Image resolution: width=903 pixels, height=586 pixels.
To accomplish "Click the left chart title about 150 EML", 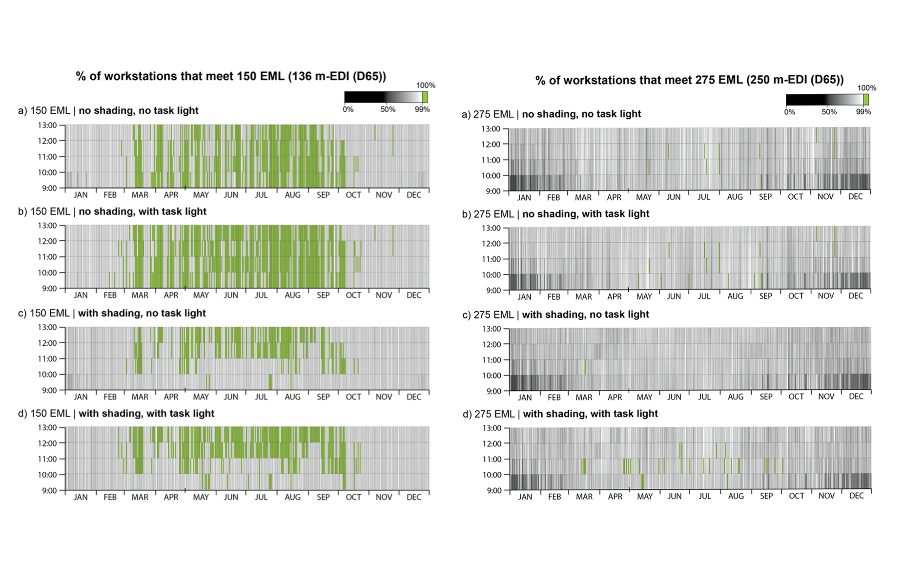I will pos(231,76).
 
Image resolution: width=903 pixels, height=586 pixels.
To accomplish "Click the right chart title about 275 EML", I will pos(689,80).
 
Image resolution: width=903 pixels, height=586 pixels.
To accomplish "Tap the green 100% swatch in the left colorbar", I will pos(425,97).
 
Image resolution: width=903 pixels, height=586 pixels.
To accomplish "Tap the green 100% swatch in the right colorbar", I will pos(866,100).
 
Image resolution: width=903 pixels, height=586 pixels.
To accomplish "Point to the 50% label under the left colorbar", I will pos(388,109).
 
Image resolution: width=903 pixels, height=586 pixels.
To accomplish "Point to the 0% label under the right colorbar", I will pos(789,112).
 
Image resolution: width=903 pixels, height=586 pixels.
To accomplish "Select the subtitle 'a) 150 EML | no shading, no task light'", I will pos(108,111).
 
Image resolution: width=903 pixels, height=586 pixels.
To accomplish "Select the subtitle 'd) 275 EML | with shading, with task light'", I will pos(560,414).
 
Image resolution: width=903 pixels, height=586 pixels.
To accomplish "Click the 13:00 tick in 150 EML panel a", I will pos(47,126).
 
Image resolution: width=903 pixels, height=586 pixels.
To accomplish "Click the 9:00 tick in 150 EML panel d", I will pos(49,490).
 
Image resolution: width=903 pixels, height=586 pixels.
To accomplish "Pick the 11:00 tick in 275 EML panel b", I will pos(491,259).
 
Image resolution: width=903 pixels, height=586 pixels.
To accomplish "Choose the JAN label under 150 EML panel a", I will pos(81,195).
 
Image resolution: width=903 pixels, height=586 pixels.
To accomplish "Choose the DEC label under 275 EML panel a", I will pos(855,197).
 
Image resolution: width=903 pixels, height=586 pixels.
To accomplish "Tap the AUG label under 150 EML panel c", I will pos(292,397).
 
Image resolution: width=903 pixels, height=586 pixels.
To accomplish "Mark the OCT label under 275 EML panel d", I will pos(796,496).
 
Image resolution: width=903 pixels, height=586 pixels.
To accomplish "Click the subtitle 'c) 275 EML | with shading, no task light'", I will pos(555,315).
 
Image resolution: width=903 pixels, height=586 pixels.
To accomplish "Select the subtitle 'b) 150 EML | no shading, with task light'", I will pos(112,211).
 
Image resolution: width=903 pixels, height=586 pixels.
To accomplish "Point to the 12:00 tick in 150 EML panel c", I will pos(47,343).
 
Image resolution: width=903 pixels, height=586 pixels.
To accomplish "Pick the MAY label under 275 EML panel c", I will pos(644,398).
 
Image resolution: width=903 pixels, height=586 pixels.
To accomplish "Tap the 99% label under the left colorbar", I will pos(422,109).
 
